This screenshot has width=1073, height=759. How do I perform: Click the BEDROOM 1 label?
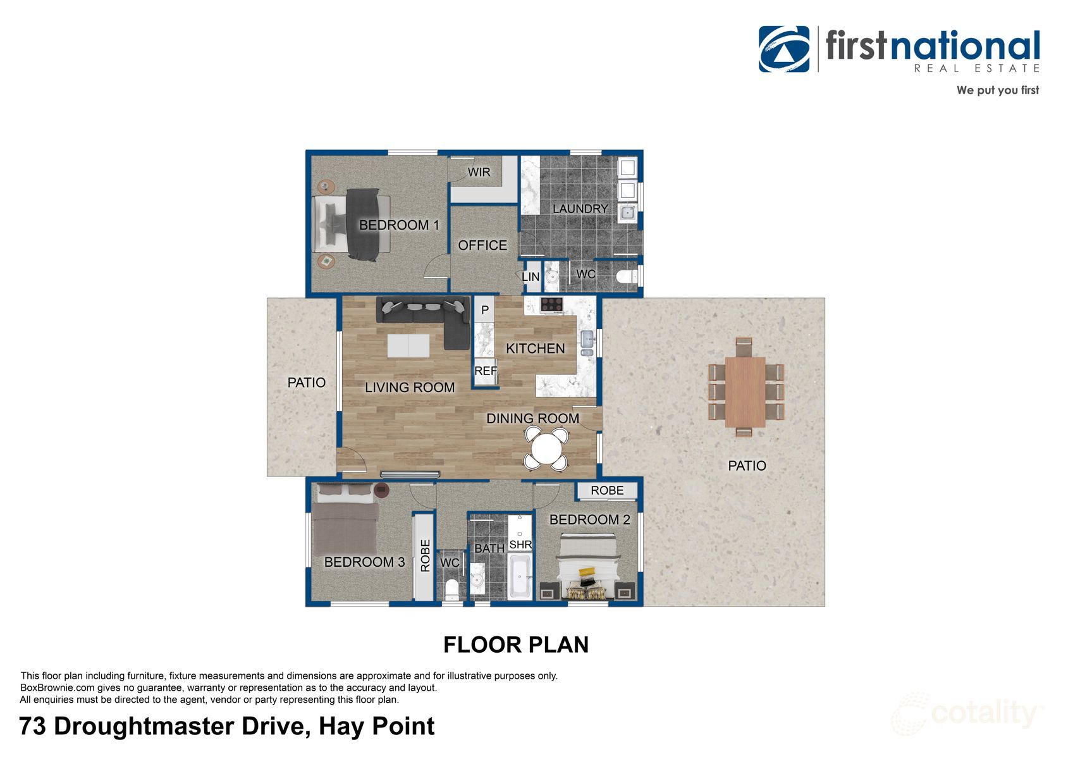(x=399, y=225)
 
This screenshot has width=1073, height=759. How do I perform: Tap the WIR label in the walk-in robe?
(x=479, y=172)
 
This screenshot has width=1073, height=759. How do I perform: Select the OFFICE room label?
(x=482, y=245)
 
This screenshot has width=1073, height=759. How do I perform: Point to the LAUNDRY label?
(x=580, y=209)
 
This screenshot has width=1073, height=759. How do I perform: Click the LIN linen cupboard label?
(x=530, y=276)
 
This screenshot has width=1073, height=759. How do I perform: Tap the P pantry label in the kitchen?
(x=485, y=310)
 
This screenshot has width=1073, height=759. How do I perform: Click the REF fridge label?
(x=485, y=371)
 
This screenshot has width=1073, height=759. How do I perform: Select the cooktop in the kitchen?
(x=551, y=304)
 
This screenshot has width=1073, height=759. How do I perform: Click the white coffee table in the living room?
(x=408, y=346)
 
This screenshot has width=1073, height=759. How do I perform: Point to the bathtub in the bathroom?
(x=519, y=576)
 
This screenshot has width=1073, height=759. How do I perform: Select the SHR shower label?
(x=520, y=545)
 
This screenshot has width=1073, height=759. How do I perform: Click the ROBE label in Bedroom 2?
(x=607, y=490)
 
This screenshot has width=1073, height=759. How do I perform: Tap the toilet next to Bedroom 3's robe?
(x=451, y=588)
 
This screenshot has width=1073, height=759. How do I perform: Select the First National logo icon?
(x=784, y=49)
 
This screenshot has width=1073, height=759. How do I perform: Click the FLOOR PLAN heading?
(x=516, y=645)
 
